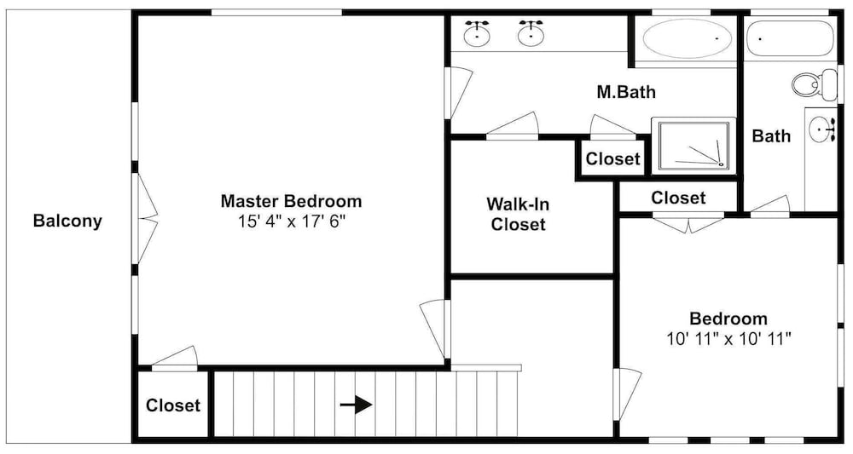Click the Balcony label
(x=67, y=221)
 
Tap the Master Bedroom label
(x=291, y=201)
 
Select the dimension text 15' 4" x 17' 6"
(x=292, y=221)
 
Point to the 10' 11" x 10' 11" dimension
(x=728, y=339)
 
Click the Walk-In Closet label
(x=518, y=214)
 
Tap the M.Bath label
(x=626, y=92)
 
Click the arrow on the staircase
(x=357, y=405)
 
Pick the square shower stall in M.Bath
(x=693, y=146)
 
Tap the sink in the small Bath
(x=822, y=130)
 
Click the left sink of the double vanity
(x=477, y=34)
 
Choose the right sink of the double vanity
(x=530, y=34)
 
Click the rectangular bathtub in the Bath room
(x=790, y=38)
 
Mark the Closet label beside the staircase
(x=173, y=405)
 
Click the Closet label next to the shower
(x=613, y=158)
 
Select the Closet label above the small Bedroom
(x=678, y=198)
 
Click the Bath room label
(x=771, y=135)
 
